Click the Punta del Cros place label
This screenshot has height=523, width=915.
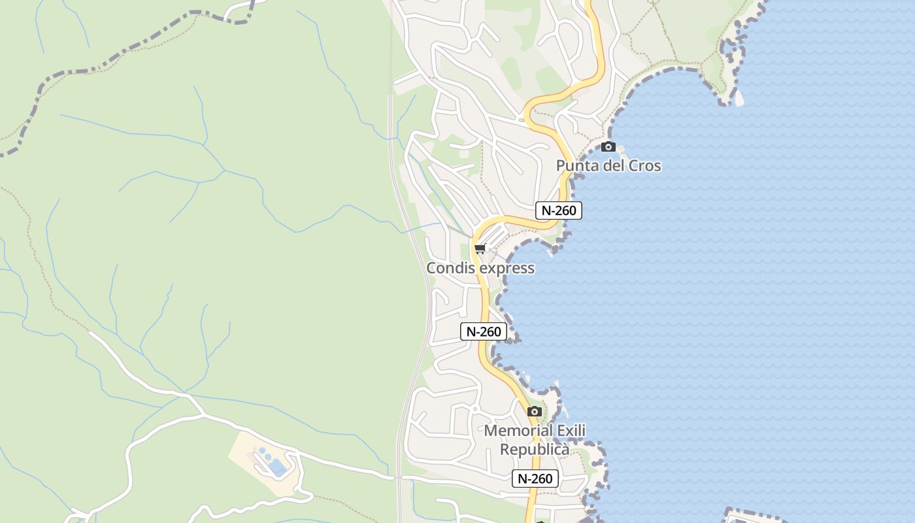[x=608, y=166]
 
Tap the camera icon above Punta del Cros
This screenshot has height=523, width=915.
[x=608, y=146]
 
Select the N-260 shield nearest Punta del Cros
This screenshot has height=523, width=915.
[x=558, y=211]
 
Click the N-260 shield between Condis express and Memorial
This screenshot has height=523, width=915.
[x=484, y=331]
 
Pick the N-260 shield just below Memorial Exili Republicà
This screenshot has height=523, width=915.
[x=535, y=479]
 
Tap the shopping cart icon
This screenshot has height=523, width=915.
[x=480, y=248]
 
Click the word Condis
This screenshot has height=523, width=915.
[x=451, y=268]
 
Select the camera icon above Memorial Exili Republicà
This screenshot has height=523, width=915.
[x=535, y=411]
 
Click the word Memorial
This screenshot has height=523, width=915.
[x=516, y=431]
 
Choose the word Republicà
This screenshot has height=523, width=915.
[x=535, y=450]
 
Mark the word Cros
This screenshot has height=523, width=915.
[x=645, y=166]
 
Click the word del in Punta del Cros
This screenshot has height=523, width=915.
[x=614, y=166]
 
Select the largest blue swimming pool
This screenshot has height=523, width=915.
[x=278, y=467]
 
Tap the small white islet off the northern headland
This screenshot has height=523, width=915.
[x=739, y=99]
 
